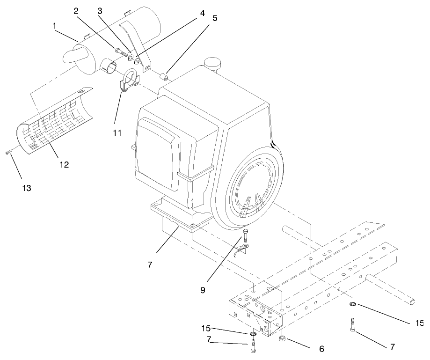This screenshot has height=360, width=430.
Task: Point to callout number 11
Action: [x=117, y=133]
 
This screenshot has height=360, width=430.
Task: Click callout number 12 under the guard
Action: [x=64, y=165]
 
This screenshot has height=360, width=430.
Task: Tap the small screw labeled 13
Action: [x=8, y=152]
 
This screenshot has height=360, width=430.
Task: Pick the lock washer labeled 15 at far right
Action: [x=353, y=306]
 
